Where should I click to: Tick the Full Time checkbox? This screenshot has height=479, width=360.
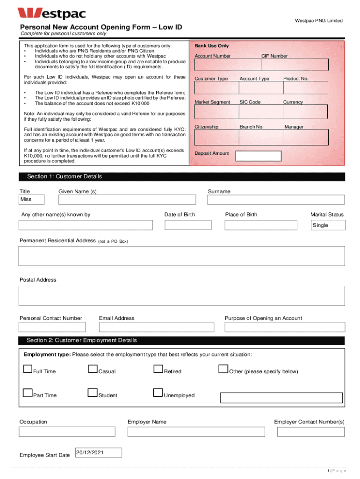click(28, 370)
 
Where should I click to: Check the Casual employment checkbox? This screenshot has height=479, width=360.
click(93, 370)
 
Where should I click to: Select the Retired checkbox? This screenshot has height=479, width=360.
click(158, 370)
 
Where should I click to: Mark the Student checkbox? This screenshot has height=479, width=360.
click(93, 394)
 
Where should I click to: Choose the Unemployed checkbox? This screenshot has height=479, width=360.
click(158, 394)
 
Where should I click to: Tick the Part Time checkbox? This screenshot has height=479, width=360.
click(28, 394)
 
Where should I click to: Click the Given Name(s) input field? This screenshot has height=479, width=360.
click(127, 200)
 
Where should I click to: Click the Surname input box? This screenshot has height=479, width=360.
click(276, 200)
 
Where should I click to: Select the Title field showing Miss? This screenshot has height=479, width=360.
click(31, 200)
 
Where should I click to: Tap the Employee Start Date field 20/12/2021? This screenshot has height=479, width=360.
click(98, 453)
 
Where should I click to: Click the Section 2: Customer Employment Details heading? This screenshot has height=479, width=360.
click(82, 341)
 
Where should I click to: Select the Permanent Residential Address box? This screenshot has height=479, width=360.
click(181, 256)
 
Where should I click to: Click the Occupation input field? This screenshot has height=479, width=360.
click(67, 431)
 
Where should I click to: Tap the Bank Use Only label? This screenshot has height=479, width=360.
click(212, 46)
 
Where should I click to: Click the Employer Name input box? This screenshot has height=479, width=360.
click(197, 431)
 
